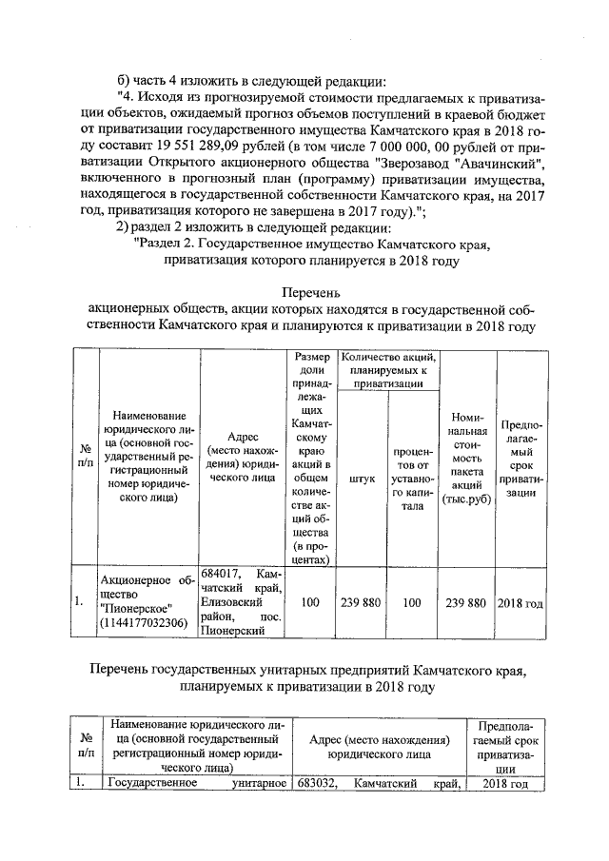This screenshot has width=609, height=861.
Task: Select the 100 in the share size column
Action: coord(309,603)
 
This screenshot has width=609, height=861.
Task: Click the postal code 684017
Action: coord(221,575)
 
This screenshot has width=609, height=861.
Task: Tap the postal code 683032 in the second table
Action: coord(316,784)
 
